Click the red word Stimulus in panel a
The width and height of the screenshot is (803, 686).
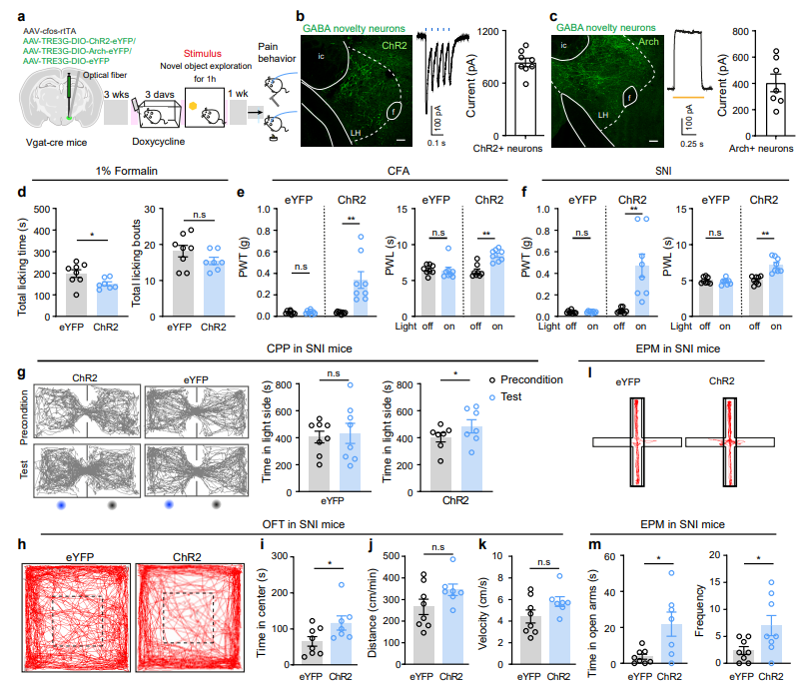tap(203, 53)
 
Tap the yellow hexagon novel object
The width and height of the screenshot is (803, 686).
tap(193, 106)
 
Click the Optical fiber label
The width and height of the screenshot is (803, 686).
tap(105, 75)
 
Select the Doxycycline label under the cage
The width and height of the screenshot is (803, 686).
tap(158, 142)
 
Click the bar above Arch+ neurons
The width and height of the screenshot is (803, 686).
tap(776, 110)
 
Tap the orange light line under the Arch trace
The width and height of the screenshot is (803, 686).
tap(688, 97)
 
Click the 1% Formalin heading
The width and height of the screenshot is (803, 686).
tap(127, 171)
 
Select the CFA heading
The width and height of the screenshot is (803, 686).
tap(399, 171)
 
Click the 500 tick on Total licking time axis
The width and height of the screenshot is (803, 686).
tap(42, 209)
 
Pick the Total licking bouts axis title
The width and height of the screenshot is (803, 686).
tap(136, 264)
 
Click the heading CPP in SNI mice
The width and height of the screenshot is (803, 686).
tap(310, 348)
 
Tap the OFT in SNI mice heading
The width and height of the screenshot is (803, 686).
tap(304, 524)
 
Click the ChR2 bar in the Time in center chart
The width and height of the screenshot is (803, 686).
tap(341, 643)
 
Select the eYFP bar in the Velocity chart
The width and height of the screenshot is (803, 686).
tap(530, 640)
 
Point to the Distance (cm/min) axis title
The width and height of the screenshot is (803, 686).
tap(372, 613)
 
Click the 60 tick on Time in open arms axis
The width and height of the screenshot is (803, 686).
tap(610, 556)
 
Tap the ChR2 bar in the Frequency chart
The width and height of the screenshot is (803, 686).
tap(771, 644)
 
